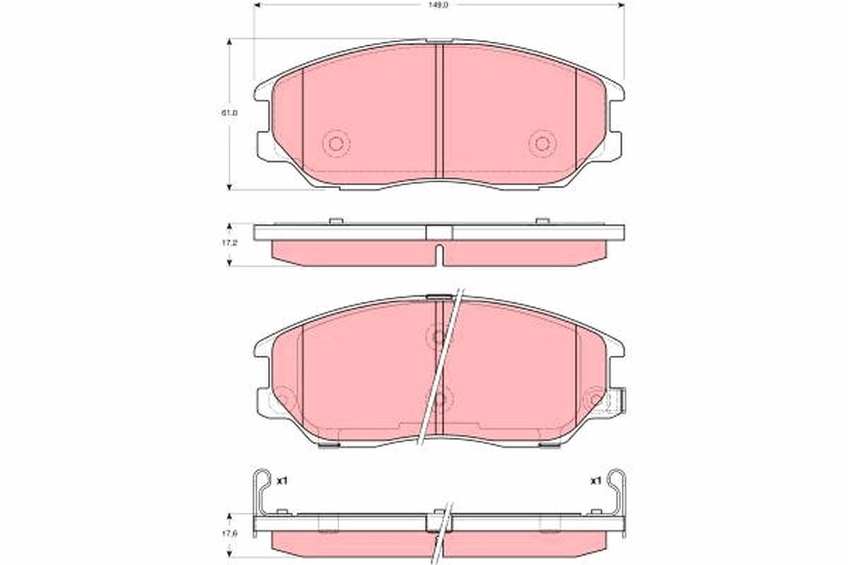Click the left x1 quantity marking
[x=281, y=481]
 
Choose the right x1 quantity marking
[x=595, y=481]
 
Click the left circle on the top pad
[x=336, y=143]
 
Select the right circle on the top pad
[x=542, y=143]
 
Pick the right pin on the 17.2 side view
[x=541, y=221]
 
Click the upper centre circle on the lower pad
[x=439, y=337]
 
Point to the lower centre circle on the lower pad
[x=439, y=399]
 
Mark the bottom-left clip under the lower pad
[x=329, y=445]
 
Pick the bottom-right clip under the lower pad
[x=548, y=445]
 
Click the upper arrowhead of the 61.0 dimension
[x=230, y=42]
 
